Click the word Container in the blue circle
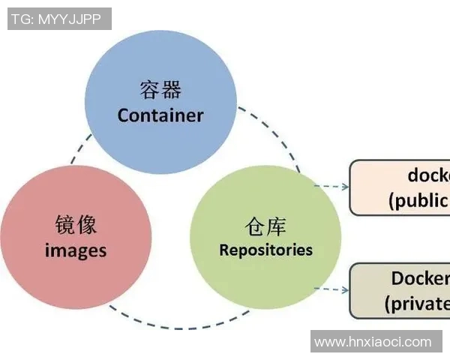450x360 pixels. [160, 115]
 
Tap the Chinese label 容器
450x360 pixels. [160, 91]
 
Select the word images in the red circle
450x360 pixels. [75, 250]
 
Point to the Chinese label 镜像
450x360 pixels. [76, 225]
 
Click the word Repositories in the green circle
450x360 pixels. [265, 250]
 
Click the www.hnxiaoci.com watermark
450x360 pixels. [373, 342]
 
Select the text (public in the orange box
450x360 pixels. [419, 200]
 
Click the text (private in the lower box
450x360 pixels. [417, 303]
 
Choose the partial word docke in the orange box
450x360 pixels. [428, 175]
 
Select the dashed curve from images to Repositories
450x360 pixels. [165, 324]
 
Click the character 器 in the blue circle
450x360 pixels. [171, 91]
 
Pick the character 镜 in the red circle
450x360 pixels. [65, 225]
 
